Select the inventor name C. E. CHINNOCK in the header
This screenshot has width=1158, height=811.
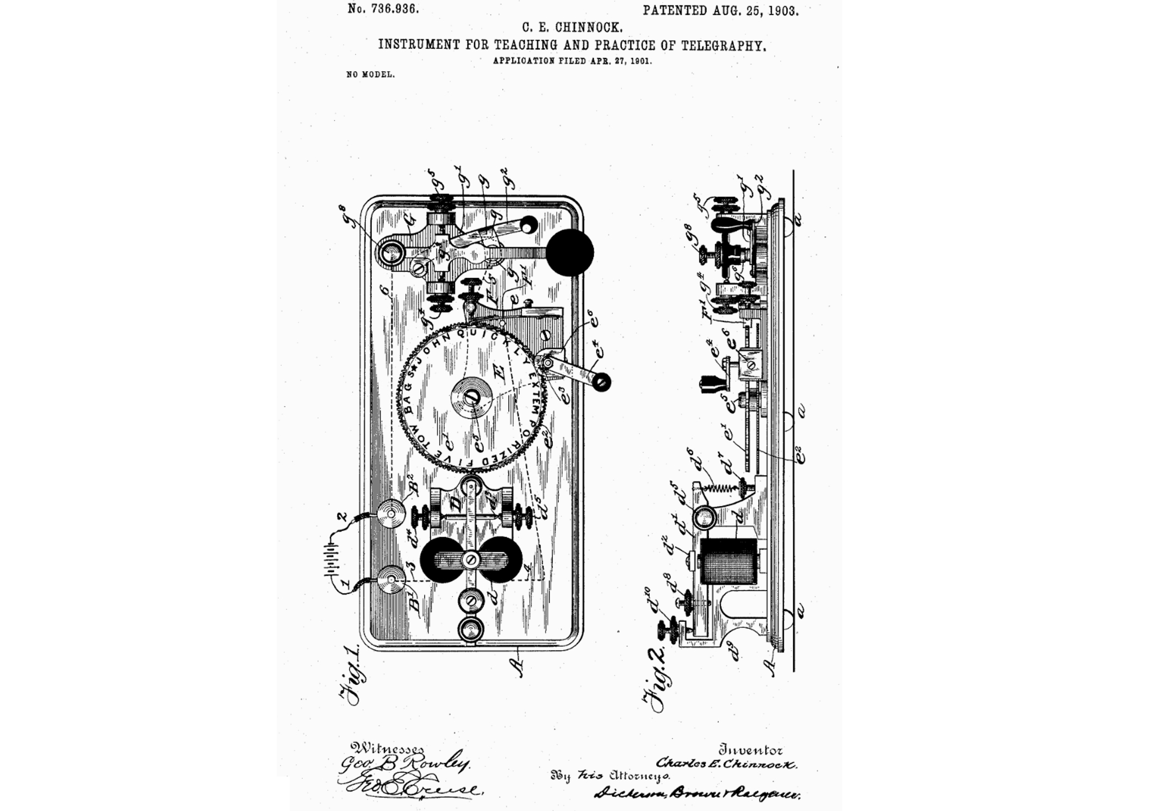point(572,27)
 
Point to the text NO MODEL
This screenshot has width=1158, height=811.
point(370,75)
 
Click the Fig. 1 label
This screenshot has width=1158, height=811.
point(351,674)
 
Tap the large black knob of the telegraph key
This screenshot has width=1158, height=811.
point(570,252)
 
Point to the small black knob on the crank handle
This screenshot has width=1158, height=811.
point(601,382)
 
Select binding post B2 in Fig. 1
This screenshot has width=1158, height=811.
point(392,513)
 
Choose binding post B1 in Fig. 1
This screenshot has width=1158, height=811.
point(391,581)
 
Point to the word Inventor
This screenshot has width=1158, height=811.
point(750,751)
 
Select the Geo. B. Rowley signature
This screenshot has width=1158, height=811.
point(404,765)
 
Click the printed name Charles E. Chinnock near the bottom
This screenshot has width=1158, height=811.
point(726,764)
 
